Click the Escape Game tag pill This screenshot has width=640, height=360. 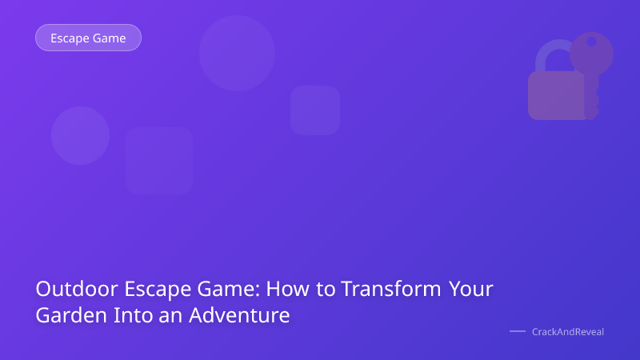click(88, 38)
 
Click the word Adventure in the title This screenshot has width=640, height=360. click(238, 314)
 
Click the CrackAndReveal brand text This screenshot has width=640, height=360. click(568, 331)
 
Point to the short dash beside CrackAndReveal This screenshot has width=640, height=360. click(517, 331)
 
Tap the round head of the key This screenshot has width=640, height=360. click(591, 53)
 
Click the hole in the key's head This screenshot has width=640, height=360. click(592, 42)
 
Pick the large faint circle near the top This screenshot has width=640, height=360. click(237, 53)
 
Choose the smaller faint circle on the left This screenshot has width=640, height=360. click(80, 135)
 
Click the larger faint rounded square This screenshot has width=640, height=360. click(159, 160)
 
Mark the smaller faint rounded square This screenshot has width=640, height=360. click(315, 110)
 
